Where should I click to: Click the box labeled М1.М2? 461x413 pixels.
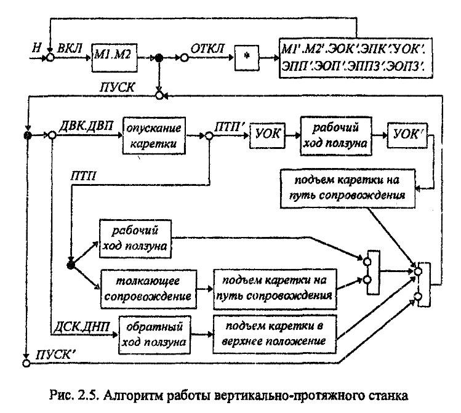[x=112, y=57]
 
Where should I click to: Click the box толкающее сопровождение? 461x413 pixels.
[x=146, y=287]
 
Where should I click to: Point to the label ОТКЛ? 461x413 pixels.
[x=210, y=48]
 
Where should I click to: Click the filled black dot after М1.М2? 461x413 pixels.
[x=159, y=58]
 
